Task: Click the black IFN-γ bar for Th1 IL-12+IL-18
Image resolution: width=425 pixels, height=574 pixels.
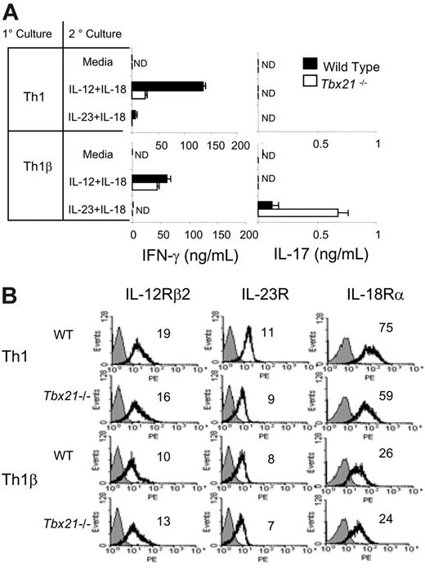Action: tap(168, 86)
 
